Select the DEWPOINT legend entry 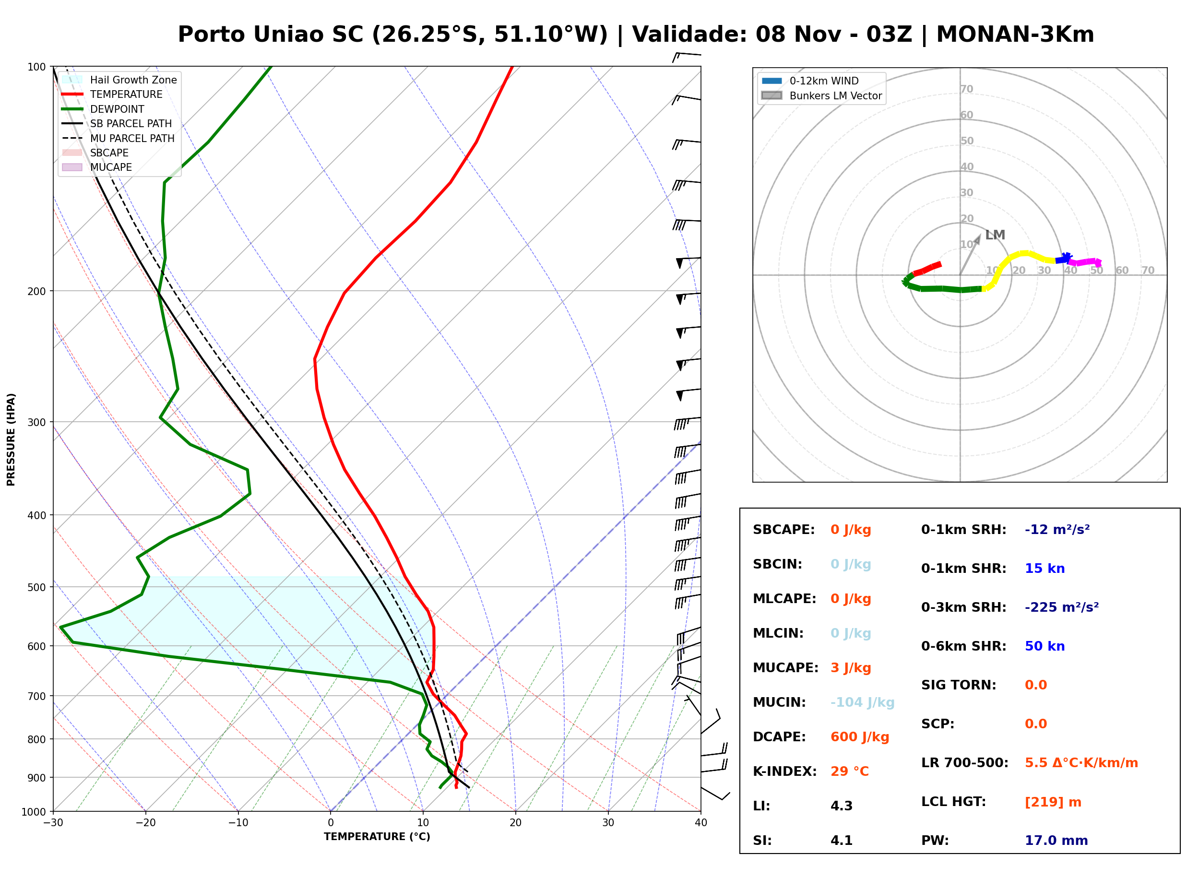(103, 109)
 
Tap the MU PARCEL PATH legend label (132, 138)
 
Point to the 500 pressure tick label (36, 587)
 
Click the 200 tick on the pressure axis (36, 291)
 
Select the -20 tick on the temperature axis (145, 823)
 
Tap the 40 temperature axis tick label (701, 823)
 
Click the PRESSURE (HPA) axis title (11, 439)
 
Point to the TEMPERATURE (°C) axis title (377, 837)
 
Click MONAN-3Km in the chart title (1015, 35)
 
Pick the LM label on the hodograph (995, 235)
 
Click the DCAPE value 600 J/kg (860, 737)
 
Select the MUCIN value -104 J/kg (862, 702)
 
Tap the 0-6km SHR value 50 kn (1045, 646)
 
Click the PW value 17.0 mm (1056, 841)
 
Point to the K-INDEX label (785, 771)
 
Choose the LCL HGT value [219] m (1053, 802)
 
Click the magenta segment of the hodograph (1085, 262)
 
